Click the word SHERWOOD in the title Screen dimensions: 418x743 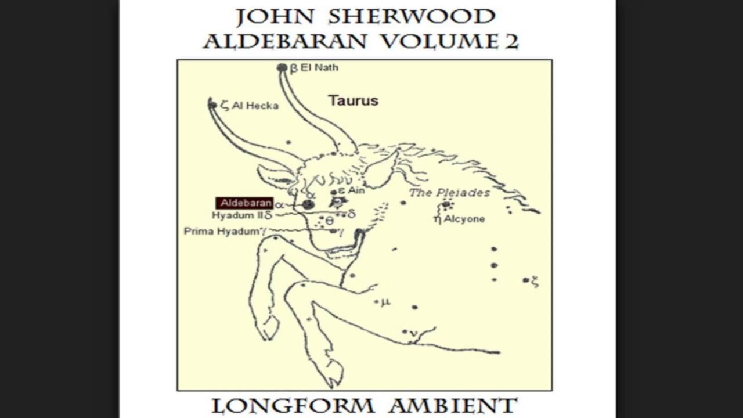pos(412,17)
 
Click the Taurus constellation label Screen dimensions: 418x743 pos(353,100)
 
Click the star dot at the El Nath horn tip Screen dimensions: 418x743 pos(282,68)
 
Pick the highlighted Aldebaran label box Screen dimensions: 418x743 pos(244,203)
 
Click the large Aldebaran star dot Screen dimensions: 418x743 pos(308,204)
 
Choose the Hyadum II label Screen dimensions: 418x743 pos(238,215)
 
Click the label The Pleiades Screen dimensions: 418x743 pos(449,193)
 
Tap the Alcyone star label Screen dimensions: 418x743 pos(464,219)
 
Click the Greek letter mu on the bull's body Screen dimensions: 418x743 pos(386,302)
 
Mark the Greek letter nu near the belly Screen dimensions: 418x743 pos(413,333)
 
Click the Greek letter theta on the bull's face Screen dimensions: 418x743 pos(329,221)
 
